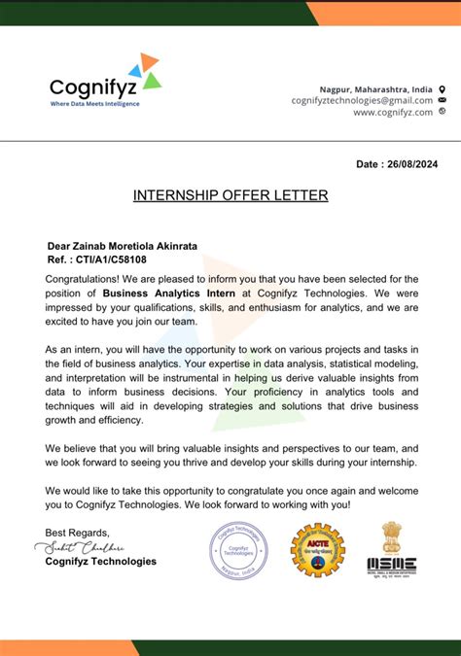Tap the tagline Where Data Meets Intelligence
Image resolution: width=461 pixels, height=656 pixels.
94,104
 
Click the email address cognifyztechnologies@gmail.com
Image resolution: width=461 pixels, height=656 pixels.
362,100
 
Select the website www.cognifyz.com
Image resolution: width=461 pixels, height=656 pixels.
393,113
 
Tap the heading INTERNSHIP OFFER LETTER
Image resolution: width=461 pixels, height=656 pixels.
230,195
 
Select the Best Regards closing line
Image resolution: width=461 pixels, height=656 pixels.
78,533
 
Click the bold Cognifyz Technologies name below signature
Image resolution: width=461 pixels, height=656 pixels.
100,561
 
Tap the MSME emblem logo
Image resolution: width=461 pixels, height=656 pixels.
392,550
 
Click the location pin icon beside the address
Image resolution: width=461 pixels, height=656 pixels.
443,87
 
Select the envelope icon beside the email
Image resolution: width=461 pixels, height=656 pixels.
443,100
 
